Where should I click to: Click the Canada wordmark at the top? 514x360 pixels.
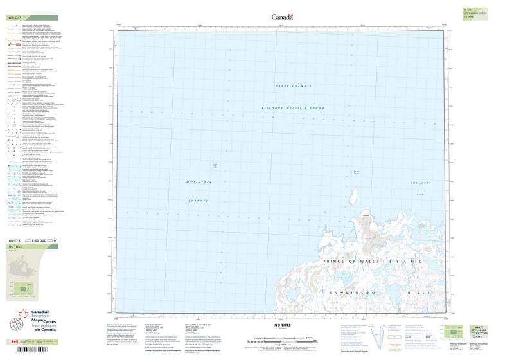[x=282, y=17]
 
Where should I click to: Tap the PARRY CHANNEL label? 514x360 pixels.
[x=293, y=85]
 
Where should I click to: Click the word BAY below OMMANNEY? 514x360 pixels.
[x=421, y=194]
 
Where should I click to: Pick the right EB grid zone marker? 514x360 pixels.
[x=357, y=172]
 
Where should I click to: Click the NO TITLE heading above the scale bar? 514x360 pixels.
[x=283, y=327]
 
